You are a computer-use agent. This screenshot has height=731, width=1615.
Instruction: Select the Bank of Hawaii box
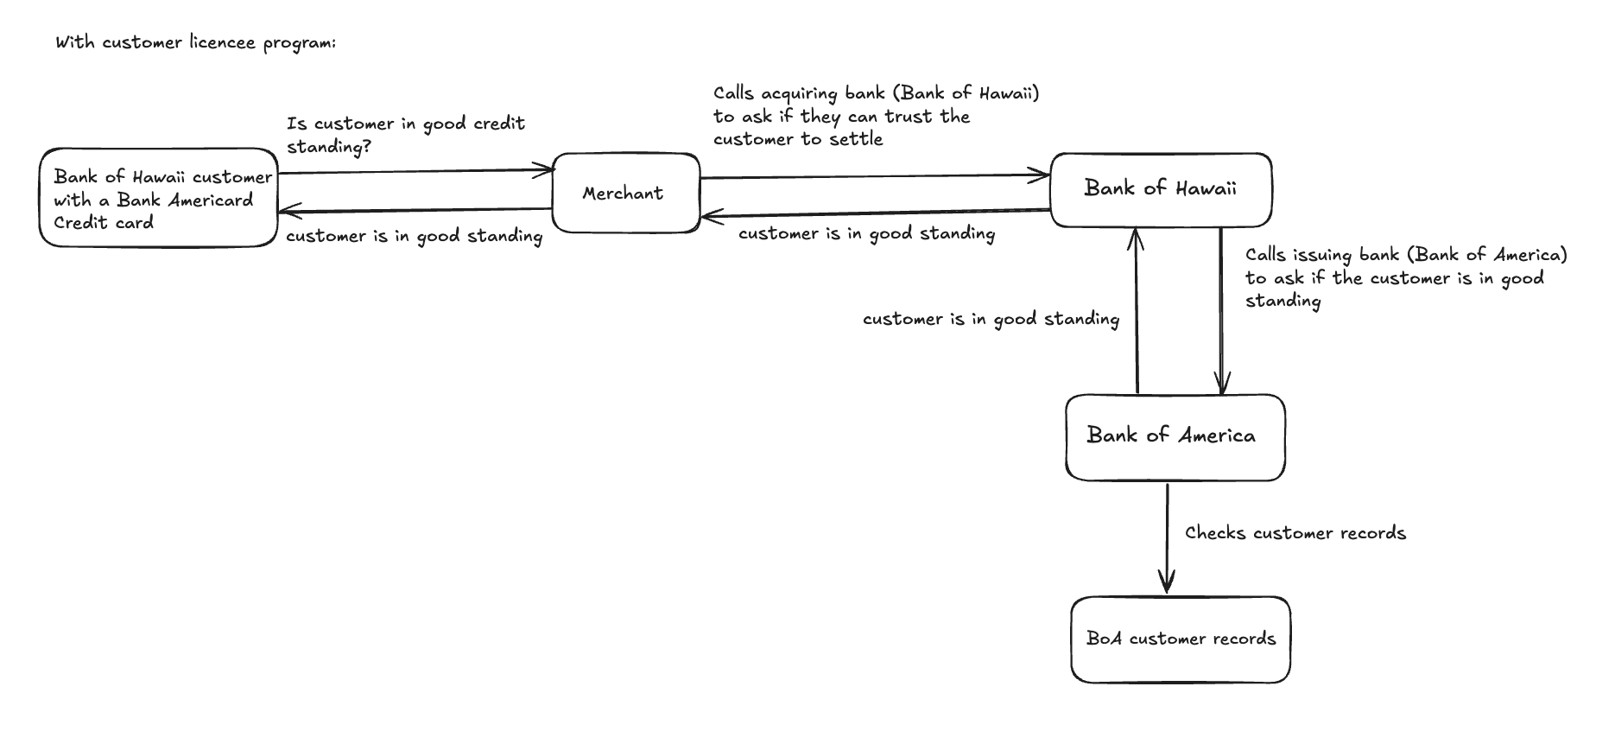pos(1160,189)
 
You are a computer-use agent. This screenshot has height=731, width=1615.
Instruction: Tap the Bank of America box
pos(1174,436)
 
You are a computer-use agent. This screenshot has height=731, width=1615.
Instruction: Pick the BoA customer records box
pos(1180,639)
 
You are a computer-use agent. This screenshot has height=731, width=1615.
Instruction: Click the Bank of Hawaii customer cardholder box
pos(159,199)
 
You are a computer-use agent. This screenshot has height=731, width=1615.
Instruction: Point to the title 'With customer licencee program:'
pos(196,42)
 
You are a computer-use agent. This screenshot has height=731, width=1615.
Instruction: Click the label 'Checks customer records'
pos(1295,533)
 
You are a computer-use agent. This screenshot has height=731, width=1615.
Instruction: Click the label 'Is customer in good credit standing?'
pos(405,135)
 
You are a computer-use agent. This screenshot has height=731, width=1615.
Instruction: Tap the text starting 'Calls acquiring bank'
pos(875,116)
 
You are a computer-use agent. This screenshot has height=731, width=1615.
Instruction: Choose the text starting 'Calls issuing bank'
pos(1404,277)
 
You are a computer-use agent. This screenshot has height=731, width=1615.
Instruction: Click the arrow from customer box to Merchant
pos(415,172)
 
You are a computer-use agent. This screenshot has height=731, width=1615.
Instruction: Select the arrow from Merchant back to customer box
pos(415,210)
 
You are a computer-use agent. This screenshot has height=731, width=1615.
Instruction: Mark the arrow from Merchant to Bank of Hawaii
pos(874,177)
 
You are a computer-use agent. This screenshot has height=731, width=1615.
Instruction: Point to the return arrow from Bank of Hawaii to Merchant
pos(874,213)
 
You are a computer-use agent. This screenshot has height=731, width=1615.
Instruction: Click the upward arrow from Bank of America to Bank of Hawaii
pos(1137,311)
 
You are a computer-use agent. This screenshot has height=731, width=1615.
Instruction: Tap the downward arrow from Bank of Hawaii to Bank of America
pos(1220,311)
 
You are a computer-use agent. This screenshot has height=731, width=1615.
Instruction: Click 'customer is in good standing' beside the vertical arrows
pos(991,320)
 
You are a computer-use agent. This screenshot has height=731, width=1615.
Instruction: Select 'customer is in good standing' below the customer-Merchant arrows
pos(414,236)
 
